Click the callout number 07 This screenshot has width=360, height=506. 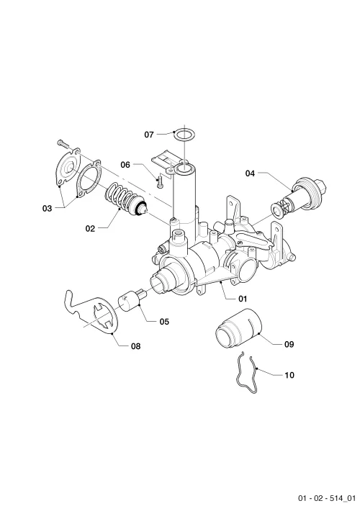click(149, 135)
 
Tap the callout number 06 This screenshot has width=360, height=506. click(125, 165)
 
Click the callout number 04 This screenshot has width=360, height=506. click(250, 173)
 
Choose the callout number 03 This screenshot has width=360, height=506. click(47, 209)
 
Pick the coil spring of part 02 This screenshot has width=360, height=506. click(120, 196)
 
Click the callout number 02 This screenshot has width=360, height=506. click(91, 229)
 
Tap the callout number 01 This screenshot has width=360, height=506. click(243, 299)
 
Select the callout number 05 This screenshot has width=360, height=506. click(164, 322)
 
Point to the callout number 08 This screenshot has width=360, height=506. click(136, 346)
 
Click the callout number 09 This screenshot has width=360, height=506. click(289, 345)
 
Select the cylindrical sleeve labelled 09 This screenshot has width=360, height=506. click(237, 328)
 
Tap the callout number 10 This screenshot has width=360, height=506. click(289, 375)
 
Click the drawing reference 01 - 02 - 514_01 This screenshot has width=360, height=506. click(326, 498)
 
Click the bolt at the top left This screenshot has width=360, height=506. click(63, 144)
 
